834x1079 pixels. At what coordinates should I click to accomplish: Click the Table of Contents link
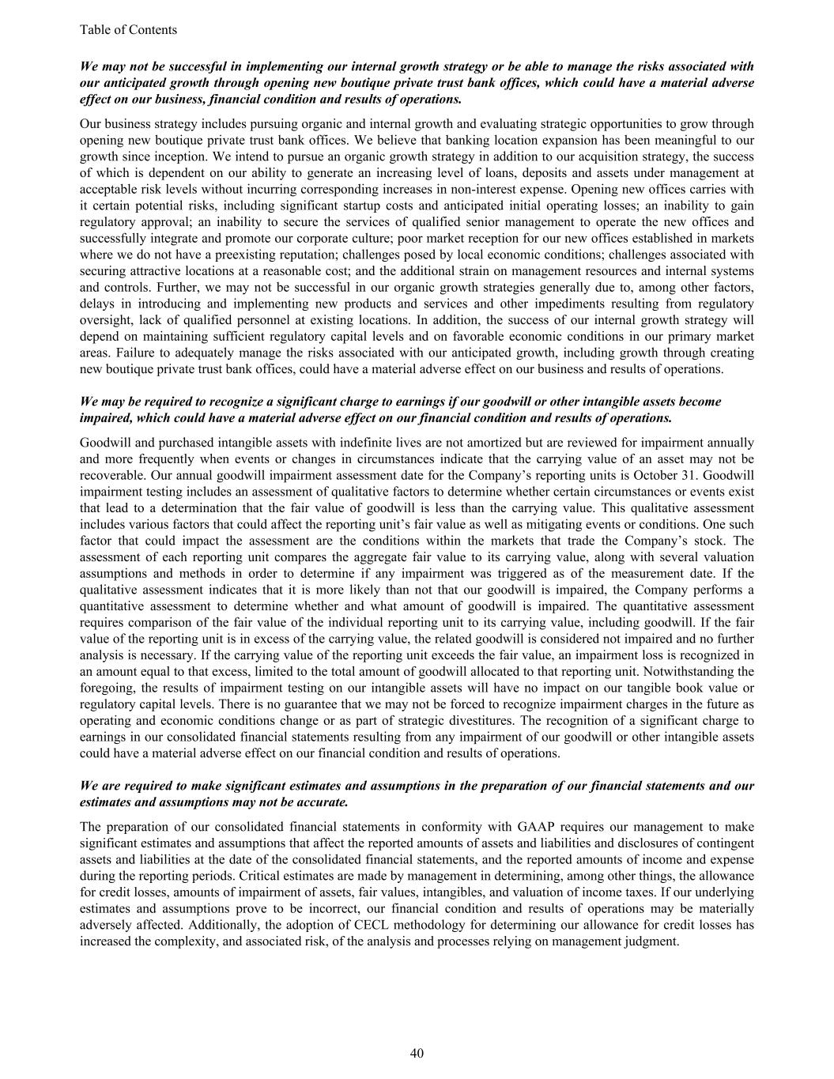(128, 30)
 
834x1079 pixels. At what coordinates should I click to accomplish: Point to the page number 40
(417, 1053)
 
